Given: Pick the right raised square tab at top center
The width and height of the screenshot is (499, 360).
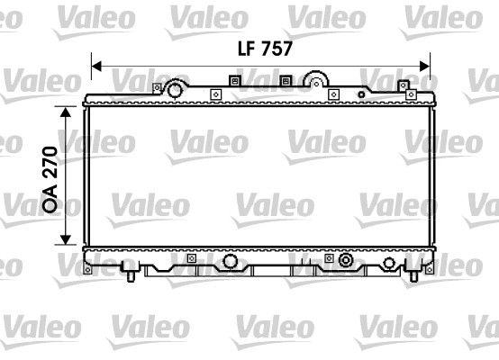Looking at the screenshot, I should pos(286,81).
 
